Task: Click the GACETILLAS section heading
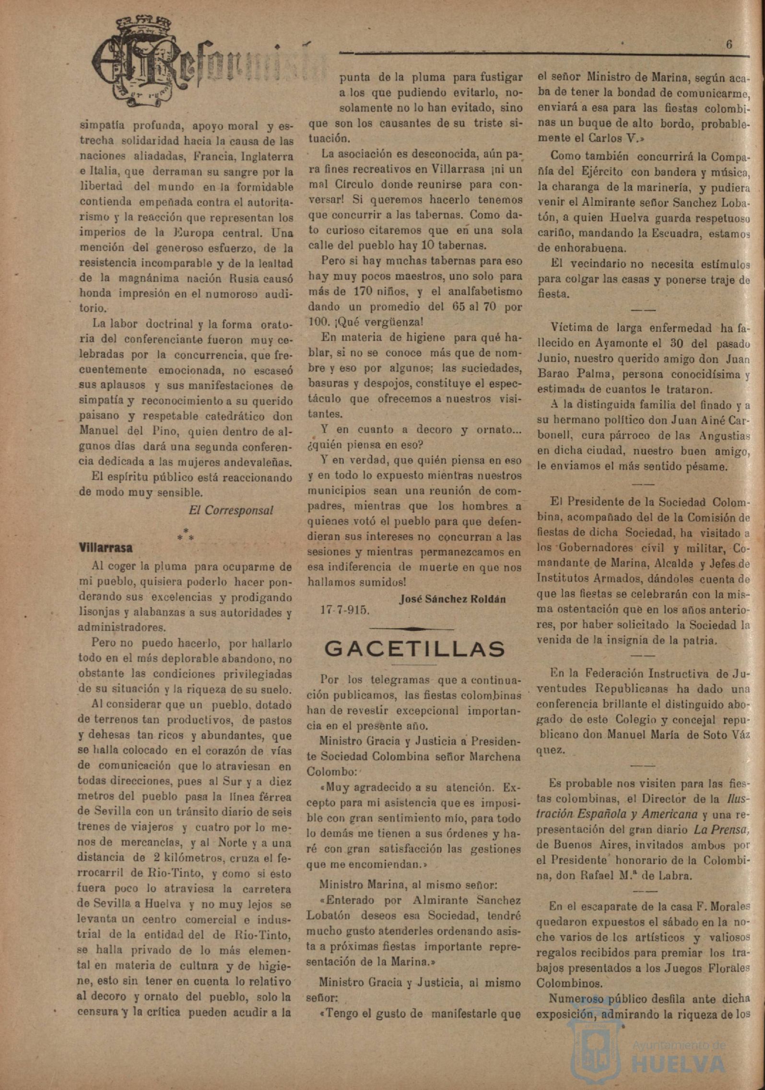coord(414,649)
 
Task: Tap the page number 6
coord(729,44)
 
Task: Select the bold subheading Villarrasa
coord(106,547)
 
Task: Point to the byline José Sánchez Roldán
coord(452,599)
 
